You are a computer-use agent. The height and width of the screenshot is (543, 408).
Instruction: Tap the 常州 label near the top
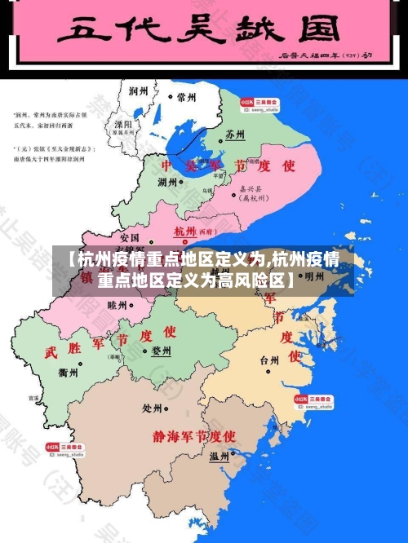tap(186, 96)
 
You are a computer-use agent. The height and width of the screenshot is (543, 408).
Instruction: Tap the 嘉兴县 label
tap(249, 187)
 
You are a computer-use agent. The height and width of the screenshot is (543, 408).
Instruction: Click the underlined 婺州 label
tap(161, 351)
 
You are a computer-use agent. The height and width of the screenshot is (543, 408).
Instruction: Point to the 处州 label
tap(152, 408)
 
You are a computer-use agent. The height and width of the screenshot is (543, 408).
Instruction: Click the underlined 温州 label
tap(219, 457)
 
